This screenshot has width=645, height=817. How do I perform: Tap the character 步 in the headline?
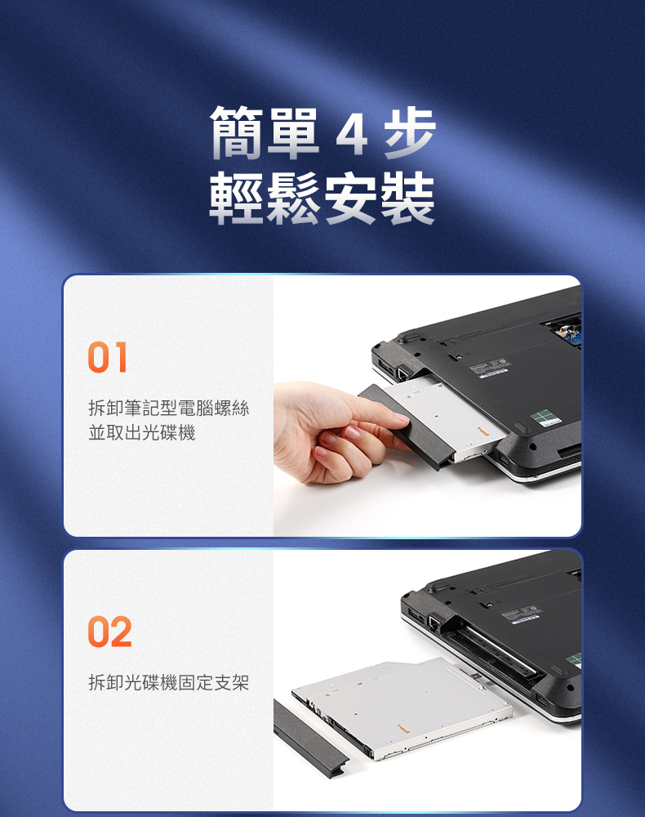410,133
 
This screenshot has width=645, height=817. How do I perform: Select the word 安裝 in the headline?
379,199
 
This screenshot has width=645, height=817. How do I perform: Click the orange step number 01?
108,358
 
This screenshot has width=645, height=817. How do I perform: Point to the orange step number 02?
110,632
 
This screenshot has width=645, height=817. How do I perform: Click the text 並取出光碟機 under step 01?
142,432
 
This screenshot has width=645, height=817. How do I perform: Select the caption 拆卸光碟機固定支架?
169,682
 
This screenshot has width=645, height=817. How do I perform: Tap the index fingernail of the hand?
402,417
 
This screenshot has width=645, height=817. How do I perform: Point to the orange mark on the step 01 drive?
482,431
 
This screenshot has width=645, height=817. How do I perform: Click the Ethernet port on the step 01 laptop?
402,373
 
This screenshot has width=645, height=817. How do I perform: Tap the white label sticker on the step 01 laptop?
489,368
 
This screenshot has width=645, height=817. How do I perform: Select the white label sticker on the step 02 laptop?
521,613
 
